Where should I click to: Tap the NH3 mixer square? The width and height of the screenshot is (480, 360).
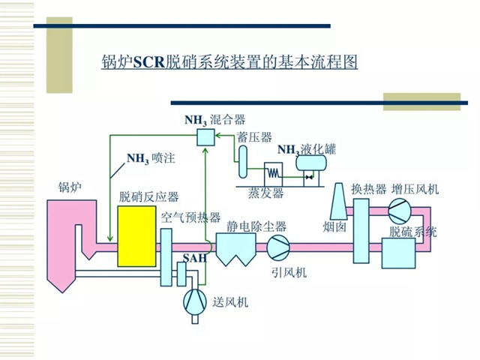click(205, 136)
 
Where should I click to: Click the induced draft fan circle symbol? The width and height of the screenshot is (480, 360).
click(279, 245)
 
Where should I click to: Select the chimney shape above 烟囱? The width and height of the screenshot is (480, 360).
click(337, 199)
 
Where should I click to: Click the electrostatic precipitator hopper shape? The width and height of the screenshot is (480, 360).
click(237, 248)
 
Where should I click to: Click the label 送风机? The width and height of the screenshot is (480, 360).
click(230, 303)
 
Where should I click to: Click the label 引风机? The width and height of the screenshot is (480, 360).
click(289, 271)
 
